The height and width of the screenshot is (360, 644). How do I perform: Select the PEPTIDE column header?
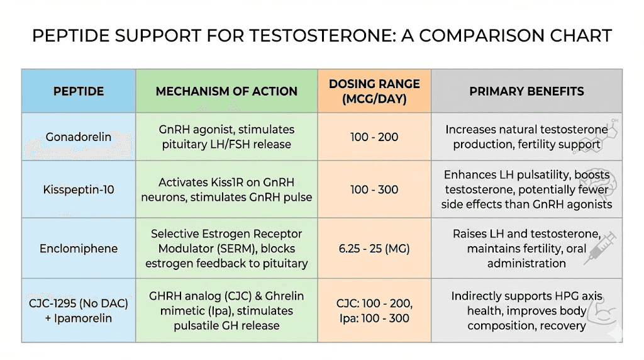(x=79, y=91)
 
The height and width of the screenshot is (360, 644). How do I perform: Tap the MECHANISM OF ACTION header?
(x=226, y=91)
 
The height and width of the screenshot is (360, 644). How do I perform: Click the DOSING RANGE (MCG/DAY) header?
(x=374, y=91)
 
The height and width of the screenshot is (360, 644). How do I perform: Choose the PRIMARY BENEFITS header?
(x=526, y=91)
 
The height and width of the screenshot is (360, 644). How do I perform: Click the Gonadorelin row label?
(x=79, y=137)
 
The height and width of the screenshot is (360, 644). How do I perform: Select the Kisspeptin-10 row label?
(x=79, y=189)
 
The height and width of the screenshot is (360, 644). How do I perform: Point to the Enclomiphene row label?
(x=79, y=248)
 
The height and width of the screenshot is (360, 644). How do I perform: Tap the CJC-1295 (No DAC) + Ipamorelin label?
(x=79, y=310)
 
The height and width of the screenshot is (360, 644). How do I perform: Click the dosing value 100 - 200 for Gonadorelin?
(x=374, y=137)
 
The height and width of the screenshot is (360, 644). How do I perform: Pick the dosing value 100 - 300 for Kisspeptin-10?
(x=374, y=189)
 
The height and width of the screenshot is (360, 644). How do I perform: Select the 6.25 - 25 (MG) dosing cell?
(x=374, y=248)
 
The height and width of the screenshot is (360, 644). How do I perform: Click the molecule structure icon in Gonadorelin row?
(x=604, y=133)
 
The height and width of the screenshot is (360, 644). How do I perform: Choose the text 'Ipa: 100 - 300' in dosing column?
(x=374, y=318)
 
